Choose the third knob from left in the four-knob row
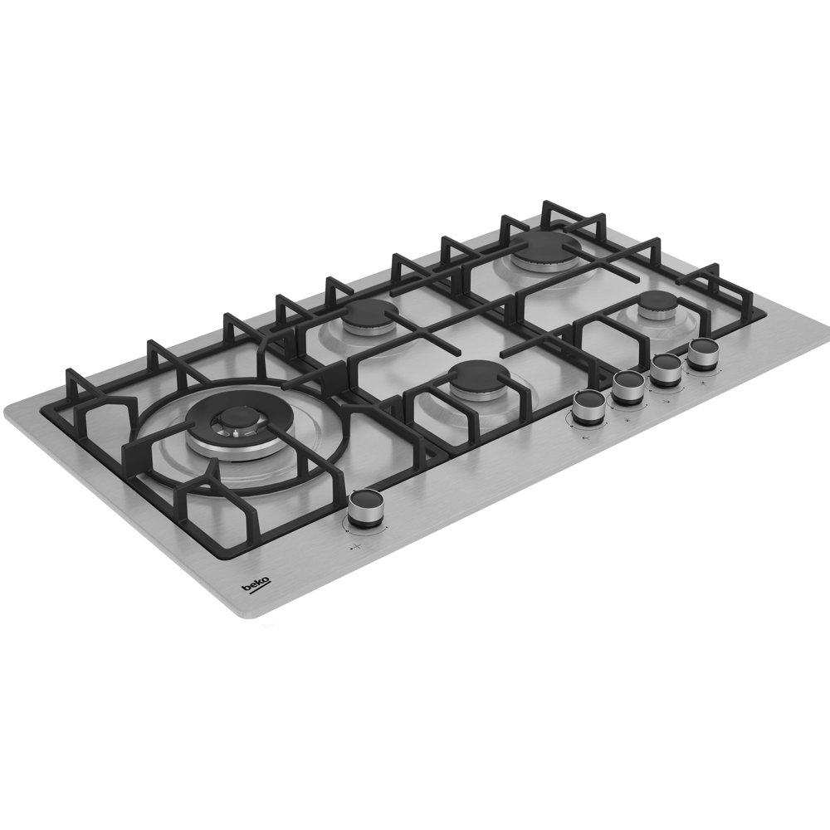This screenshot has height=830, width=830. (x=666, y=369)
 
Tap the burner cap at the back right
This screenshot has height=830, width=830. (x=543, y=247)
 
